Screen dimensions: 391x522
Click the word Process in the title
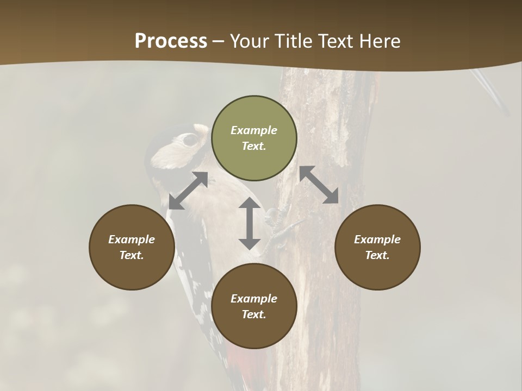point(171,41)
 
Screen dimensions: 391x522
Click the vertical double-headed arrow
point(250,223)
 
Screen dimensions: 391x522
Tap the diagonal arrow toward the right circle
point(319,185)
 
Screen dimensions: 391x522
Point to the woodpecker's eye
point(190,140)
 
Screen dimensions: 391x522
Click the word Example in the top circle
point(254,130)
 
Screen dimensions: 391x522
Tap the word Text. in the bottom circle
point(254,314)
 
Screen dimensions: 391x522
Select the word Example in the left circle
point(132,239)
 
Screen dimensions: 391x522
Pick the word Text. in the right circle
point(377,255)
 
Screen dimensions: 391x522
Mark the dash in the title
point(219,41)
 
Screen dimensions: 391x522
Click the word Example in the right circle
point(377,239)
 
